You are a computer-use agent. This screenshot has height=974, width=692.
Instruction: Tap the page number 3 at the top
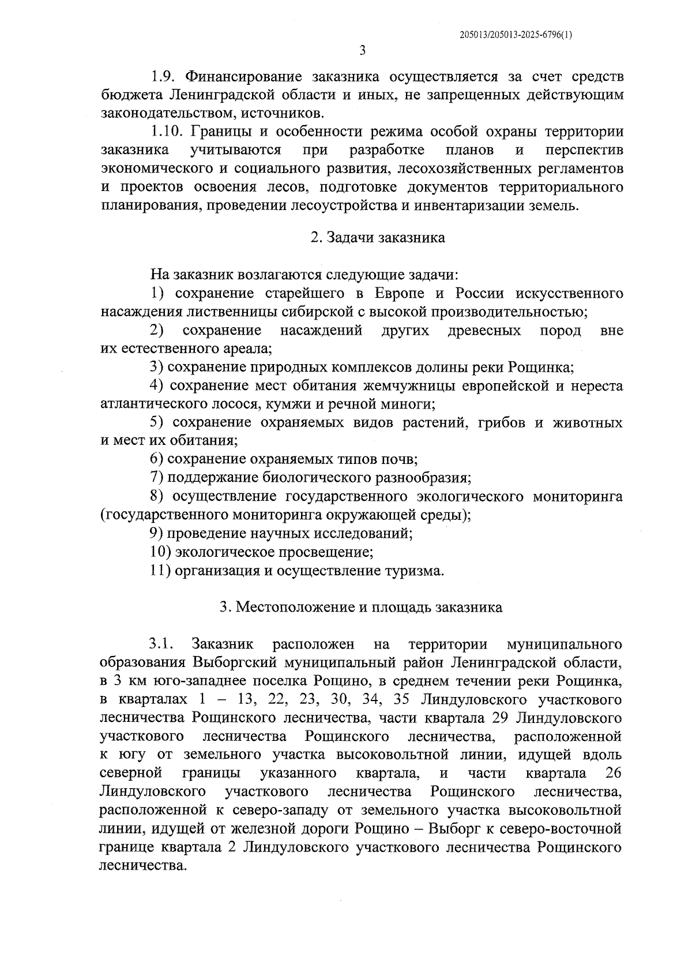pos(362,51)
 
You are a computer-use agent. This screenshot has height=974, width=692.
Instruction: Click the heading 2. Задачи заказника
pos(378,238)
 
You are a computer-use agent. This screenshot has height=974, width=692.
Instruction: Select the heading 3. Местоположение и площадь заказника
pos(362,608)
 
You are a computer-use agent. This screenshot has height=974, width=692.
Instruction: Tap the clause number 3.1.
pos(161,644)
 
